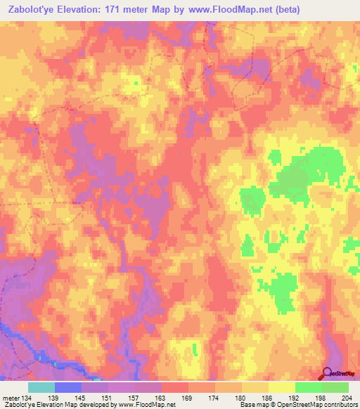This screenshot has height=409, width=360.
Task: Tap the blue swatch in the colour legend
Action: click(x=68, y=387)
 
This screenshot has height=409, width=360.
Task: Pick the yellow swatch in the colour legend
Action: click(x=281, y=387)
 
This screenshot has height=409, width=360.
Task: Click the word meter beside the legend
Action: click(x=11, y=398)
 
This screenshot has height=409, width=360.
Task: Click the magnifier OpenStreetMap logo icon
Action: click(x=328, y=373)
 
